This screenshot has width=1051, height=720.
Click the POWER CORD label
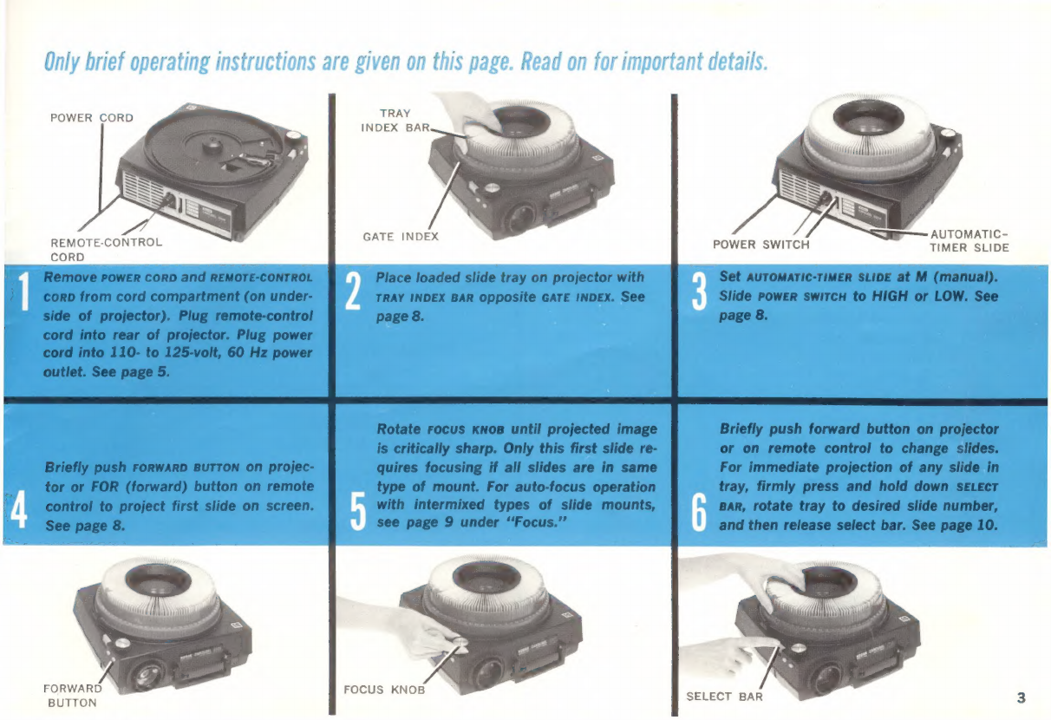coord(92,118)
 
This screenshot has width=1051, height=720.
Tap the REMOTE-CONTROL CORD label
coord(106,250)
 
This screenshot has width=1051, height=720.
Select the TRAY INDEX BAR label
coord(395,121)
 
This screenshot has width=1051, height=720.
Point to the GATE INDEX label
coord(401,237)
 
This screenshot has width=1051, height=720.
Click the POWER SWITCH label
coord(761,245)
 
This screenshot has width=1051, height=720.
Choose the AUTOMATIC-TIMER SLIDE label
coord(969,241)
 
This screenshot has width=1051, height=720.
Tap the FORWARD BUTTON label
coord(72,696)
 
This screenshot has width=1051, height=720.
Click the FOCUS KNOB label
coord(384,690)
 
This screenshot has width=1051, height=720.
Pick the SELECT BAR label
coord(724,697)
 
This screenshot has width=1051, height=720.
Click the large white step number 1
coord(23,291)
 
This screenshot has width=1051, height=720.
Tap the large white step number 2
coord(353,291)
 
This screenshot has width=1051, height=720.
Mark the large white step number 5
coord(358,512)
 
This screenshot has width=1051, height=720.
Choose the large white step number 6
coord(699,513)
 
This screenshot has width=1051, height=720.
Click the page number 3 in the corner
coord(1021,698)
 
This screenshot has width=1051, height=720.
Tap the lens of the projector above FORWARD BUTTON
coord(149,677)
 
